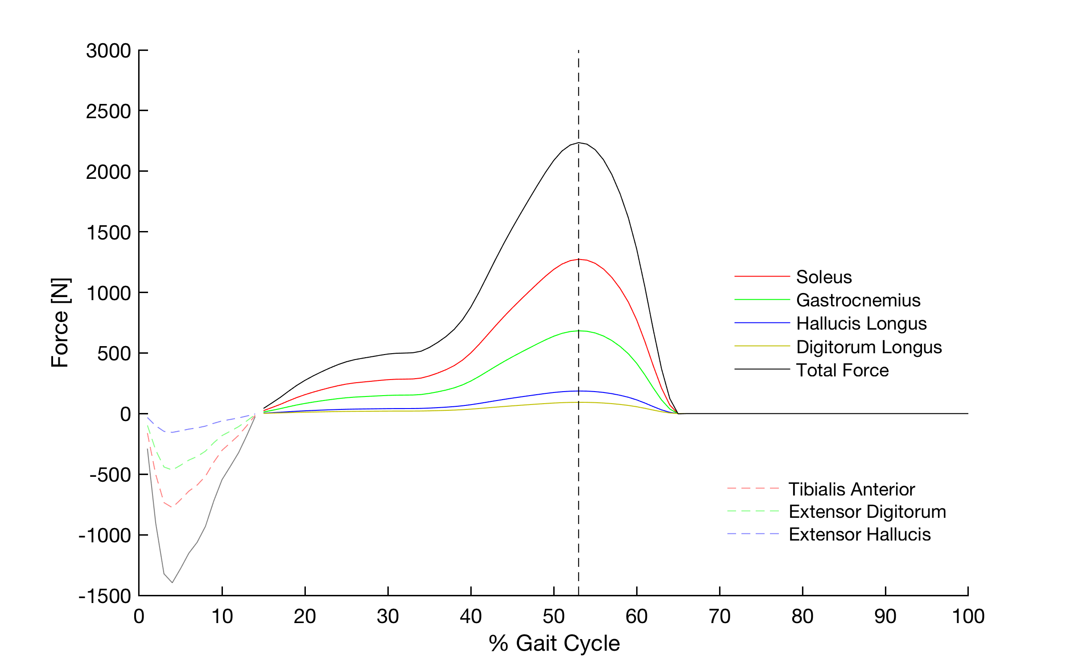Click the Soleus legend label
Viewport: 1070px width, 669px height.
coord(824,277)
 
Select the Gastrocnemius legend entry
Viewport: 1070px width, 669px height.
coord(858,300)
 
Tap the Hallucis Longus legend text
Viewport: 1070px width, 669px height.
coord(861,323)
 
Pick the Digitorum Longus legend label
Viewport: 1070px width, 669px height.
coord(869,347)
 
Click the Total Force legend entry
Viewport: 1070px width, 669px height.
coord(842,370)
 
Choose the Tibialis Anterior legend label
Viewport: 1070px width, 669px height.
coord(852,489)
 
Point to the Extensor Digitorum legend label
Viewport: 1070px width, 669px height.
coord(867,512)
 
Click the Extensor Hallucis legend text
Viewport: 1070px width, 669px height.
coord(860,534)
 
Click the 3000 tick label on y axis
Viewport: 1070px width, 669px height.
coord(108,51)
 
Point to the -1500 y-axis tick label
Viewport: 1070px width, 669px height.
coord(105,596)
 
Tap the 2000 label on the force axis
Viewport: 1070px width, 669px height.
coord(108,172)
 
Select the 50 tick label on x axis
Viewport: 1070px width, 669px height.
coord(554,616)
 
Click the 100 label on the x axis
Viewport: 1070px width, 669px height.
coord(968,616)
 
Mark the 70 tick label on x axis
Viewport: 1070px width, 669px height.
coord(720,616)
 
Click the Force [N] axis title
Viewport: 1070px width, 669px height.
coord(60,323)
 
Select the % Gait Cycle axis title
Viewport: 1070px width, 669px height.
coord(554,643)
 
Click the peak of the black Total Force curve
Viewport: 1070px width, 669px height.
coord(579,143)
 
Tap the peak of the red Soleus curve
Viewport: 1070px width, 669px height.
coord(579,259)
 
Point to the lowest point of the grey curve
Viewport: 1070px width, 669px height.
coord(172,582)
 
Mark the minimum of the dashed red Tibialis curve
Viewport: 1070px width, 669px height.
coord(172,507)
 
